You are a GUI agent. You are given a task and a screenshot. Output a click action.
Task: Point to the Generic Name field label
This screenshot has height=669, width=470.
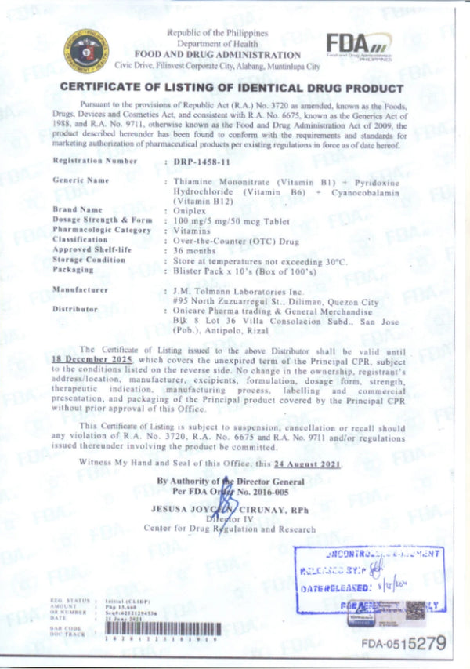pyautogui.click(x=80, y=180)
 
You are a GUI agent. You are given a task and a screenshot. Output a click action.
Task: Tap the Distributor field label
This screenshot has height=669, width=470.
pyautogui.click(x=75, y=309)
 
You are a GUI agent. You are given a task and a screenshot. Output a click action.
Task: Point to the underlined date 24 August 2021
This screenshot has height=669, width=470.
pyautogui.click(x=306, y=464)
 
